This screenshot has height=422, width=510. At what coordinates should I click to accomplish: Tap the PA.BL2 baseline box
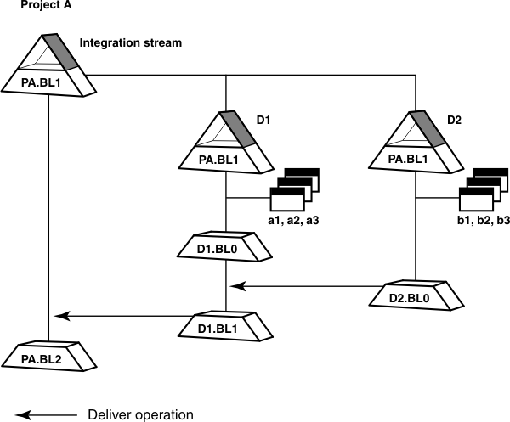pyautogui.click(x=48, y=355)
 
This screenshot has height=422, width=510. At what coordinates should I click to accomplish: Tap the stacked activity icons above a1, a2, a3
pyautogui.click(x=293, y=189)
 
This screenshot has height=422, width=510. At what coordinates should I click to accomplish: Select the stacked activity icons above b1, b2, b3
pyautogui.click(x=484, y=189)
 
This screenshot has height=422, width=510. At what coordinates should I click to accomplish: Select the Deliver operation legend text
pyautogui.click(x=141, y=415)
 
